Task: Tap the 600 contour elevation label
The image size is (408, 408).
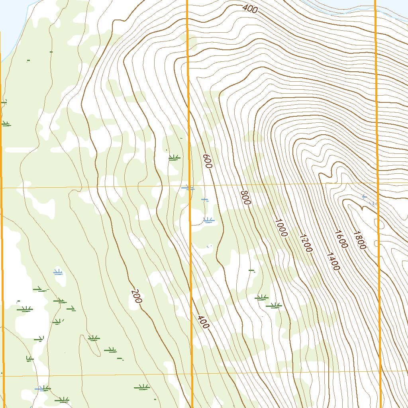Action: (206, 161)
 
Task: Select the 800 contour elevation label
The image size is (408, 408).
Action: (245, 198)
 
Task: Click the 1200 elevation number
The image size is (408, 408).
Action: (306, 243)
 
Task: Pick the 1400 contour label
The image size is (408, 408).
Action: (333, 261)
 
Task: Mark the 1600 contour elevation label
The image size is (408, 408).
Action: (341, 239)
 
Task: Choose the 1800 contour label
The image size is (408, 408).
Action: (359, 240)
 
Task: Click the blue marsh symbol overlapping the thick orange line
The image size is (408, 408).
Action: (188, 188)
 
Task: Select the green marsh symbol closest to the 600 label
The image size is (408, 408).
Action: (174, 158)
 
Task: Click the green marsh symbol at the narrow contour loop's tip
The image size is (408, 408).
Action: (94, 338)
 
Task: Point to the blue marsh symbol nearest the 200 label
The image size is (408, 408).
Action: (58, 273)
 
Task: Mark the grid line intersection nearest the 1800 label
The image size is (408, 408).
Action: (377, 183)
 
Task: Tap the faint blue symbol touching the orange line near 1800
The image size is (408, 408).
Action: (373, 203)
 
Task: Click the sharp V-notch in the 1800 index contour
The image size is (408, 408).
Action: (361, 208)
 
